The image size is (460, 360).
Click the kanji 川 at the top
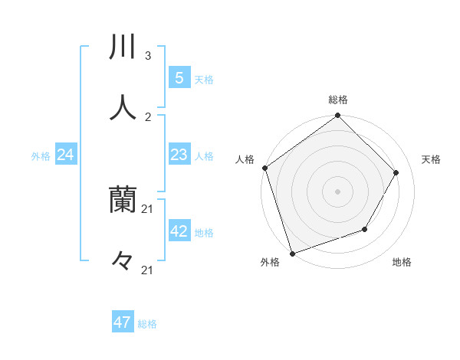tap(123, 47)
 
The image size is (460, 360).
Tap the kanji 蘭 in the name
tap(123, 201)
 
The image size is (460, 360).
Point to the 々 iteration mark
tap(123, 261)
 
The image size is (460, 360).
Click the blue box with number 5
tap(179, 77)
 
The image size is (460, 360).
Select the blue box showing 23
tap(179, 155)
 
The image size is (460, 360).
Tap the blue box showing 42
tap(179, 231)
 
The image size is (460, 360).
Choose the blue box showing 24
tap(65, 155)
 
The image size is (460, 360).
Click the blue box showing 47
tap(123, 322)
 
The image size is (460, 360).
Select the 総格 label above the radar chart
tap(338, 100)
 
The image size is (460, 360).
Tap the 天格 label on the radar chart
tap(431, 159)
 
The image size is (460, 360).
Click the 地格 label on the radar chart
tap(402, 262)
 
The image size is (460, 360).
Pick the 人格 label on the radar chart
tap(245, 159)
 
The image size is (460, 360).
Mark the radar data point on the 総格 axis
tap(338, 116)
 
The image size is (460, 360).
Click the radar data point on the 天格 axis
tap(396, 172)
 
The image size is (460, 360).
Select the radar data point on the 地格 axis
tap(365, 229)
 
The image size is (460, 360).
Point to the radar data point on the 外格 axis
tap(292, 252)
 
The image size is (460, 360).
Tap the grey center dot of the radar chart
tap(338, 191)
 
